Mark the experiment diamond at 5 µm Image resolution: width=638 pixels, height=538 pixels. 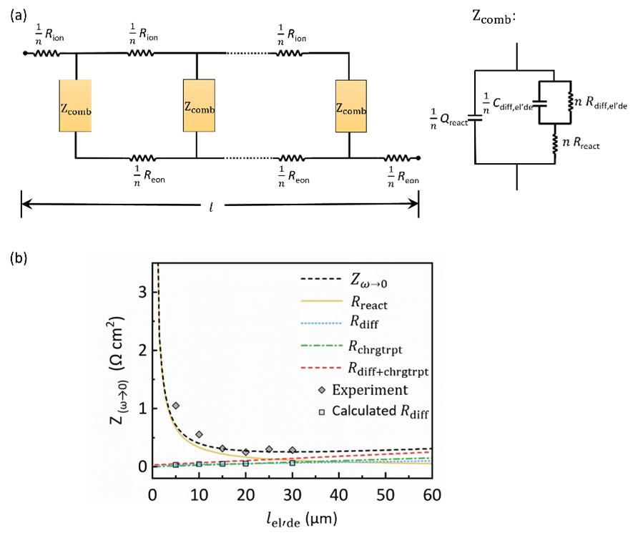(176, 406)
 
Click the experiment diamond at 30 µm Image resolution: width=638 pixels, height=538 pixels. (293, 450)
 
